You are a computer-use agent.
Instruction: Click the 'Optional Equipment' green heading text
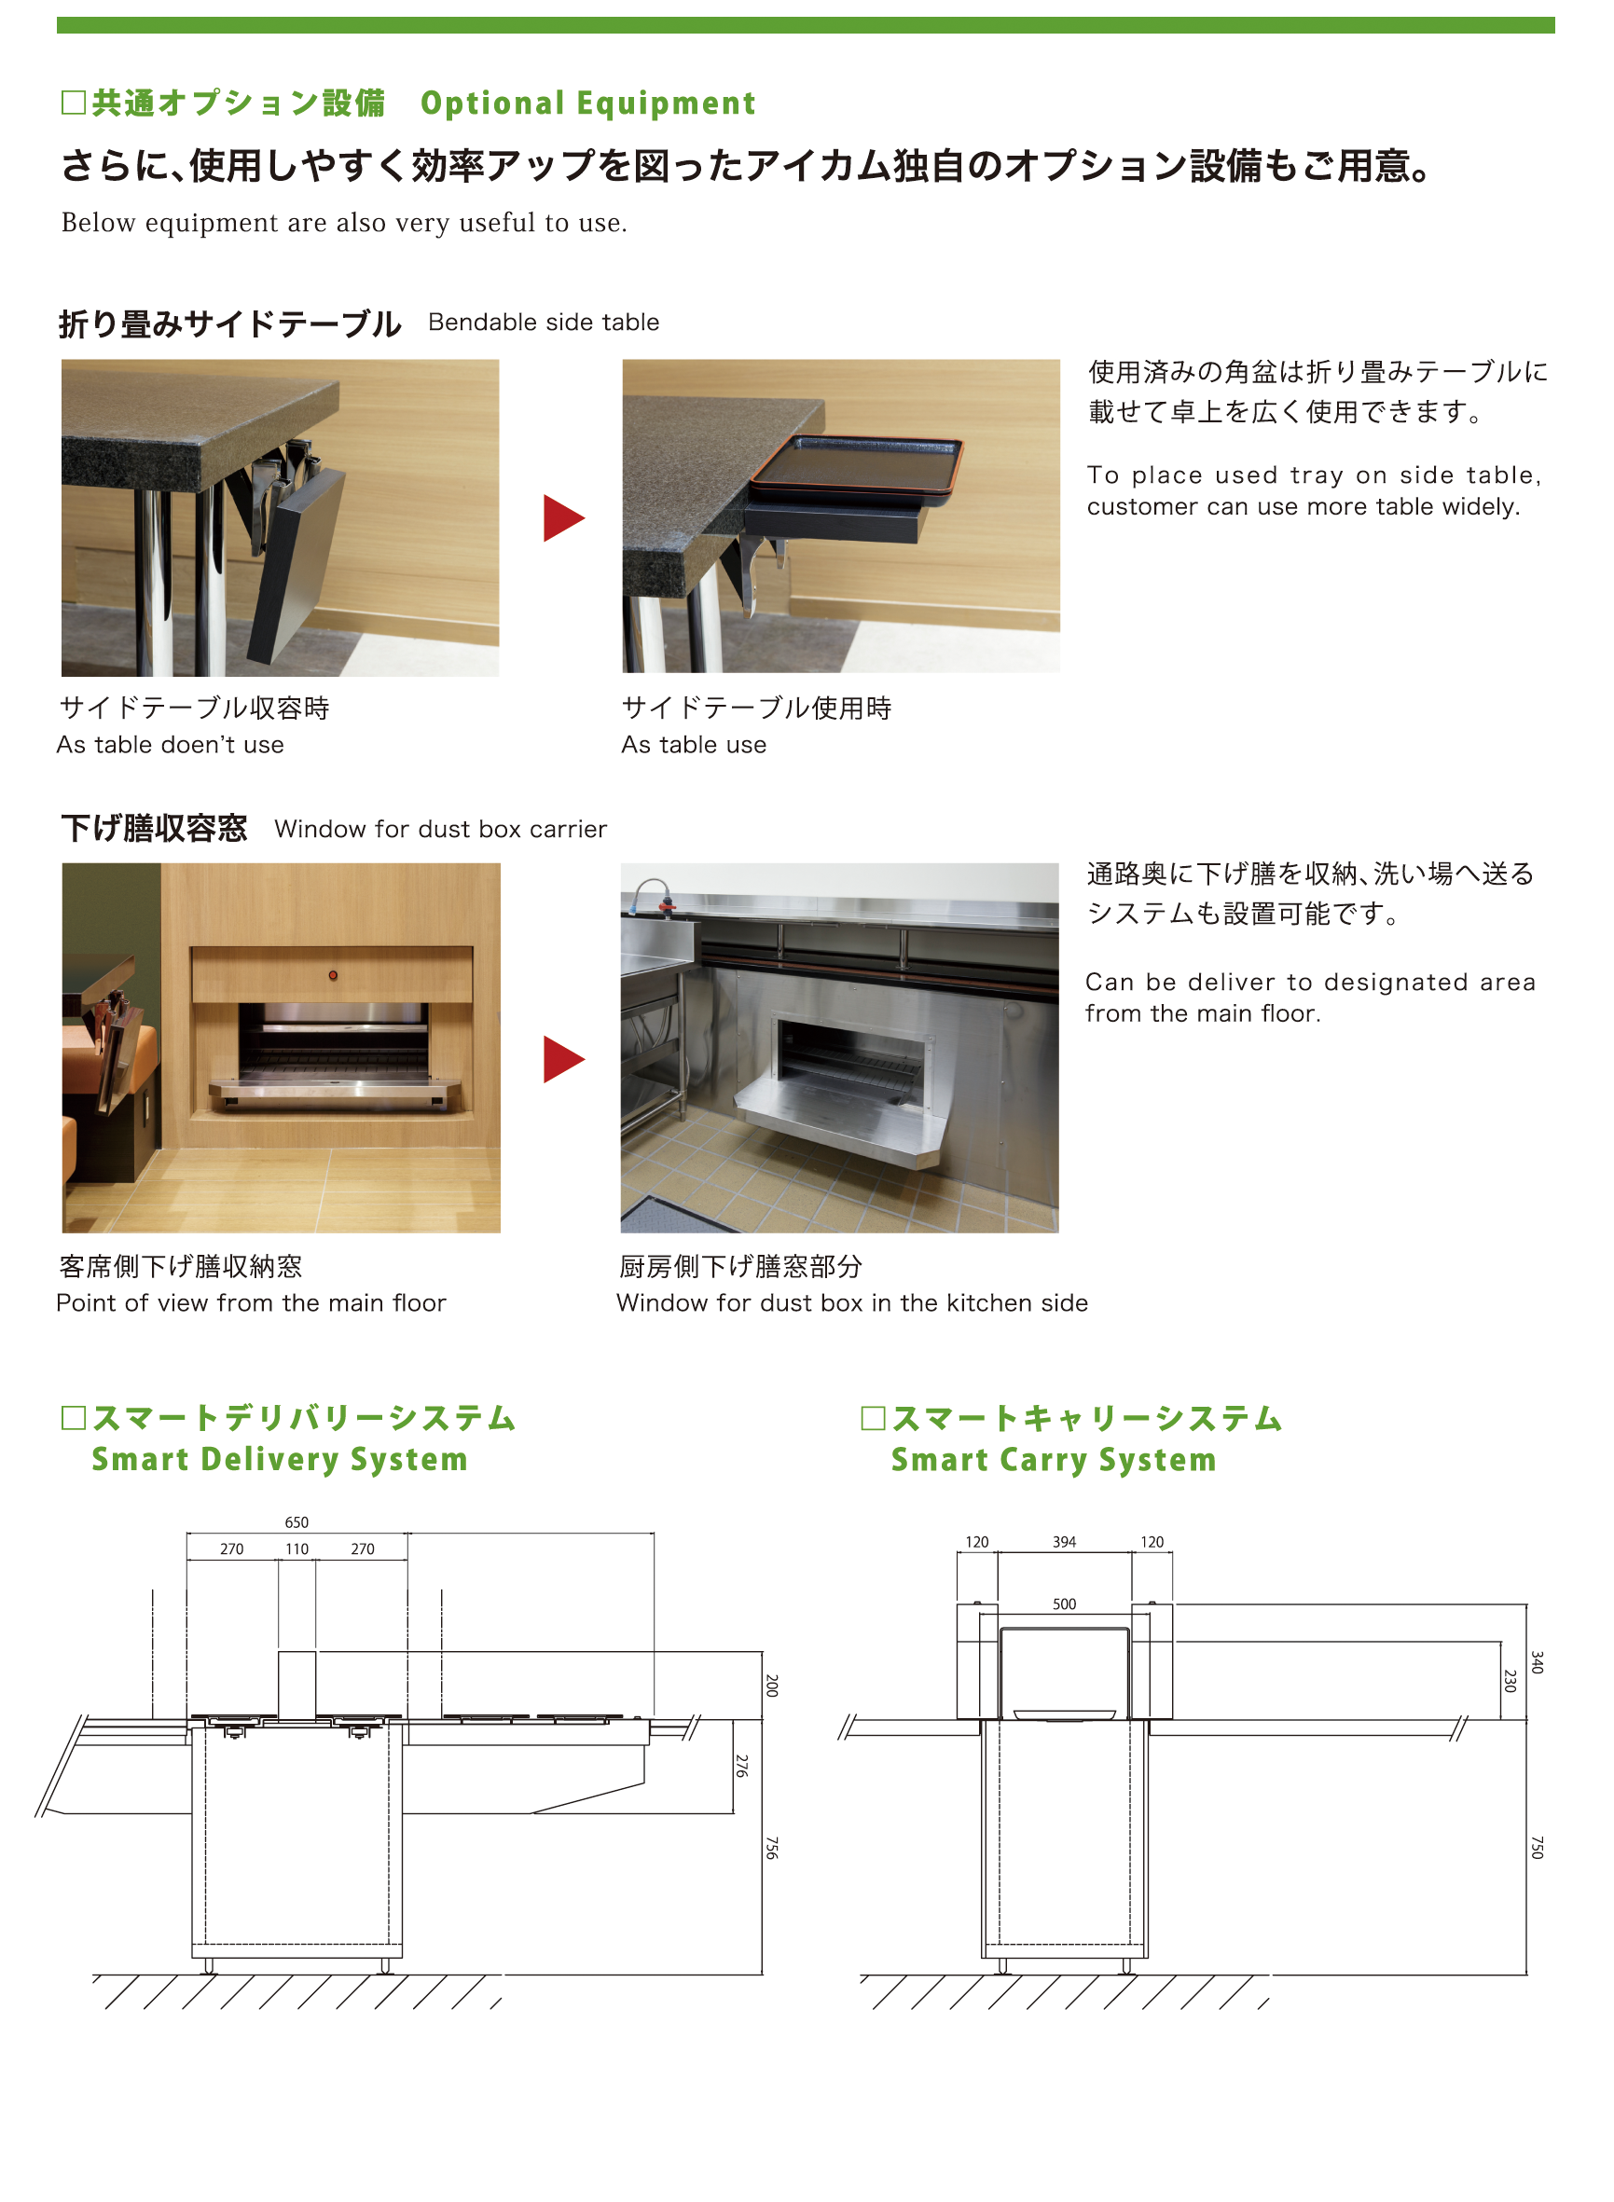pyautogui.click(x=588, y=103)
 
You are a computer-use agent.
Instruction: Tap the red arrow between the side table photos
pyautogui.click(x=564, y=517)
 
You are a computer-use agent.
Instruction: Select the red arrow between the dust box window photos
pyautogui.click(x=564, y=1059)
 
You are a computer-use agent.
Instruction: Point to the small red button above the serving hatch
pyautogui.click(x=333, y=975)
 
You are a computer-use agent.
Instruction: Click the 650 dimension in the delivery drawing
pyautogui.click(x=297, y=1522)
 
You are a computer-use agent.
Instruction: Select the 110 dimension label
pyautogui.click(x=297, y=1548)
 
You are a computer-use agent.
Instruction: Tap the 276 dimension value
pyautogui.click(x=742, y=1766)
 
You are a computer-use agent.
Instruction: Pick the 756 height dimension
pyautogui.click(x=772, y=1848)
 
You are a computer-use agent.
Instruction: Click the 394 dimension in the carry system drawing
pyautogui.click(x=1064, y=1542)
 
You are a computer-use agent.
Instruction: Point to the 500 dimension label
pyautogui.click(x=1064, y=1604)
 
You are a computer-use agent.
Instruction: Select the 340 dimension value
pyautogui.click(x=1537, y=1662)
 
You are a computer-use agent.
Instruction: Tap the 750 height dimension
pyautogui.click(x=1537, y=1848)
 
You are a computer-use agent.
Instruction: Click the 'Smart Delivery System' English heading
pyautogui.click(x=280, y=1460)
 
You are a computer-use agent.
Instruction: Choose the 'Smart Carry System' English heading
pyautogui.click(x=1054, y=1460)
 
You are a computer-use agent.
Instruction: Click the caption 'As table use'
pyautogui.click(x=694, y=745)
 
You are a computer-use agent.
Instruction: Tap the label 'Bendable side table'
pyautogui.click(x=544, y=323)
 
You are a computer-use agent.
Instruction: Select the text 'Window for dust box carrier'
pyautogui.click(x=441, y=830)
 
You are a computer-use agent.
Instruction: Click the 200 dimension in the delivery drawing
pyautogui.click(x=772, y=1686)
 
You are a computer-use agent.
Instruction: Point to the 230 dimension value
pyautogui.click(x=1510, y=1680)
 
